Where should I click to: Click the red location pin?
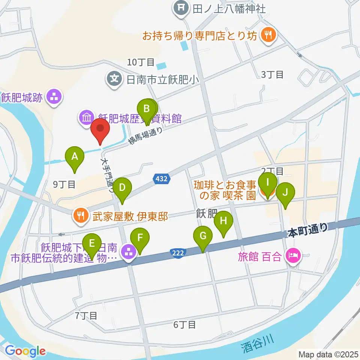tap(100, 129)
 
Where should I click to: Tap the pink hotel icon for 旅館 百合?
tap(293, 256)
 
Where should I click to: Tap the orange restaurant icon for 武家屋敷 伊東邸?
tap(80, 216)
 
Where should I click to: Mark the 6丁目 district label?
tap(184, 324)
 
